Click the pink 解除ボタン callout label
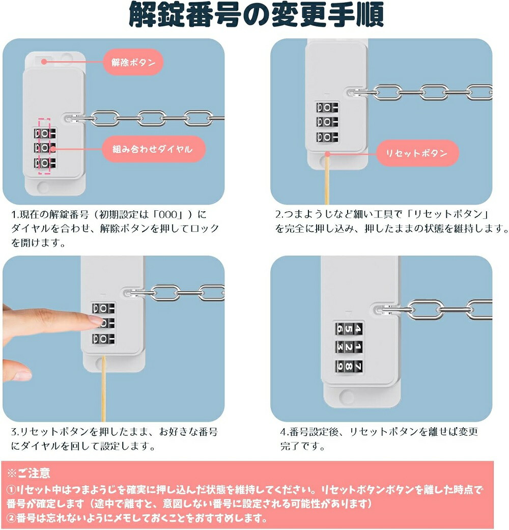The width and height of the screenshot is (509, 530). click(133, 62)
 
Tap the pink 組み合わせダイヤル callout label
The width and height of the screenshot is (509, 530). click(153, 149)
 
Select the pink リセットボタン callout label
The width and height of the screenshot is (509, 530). click(417, 153)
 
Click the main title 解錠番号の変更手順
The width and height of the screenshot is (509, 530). click(256, 15)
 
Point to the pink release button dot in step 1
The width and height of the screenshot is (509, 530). click(44, 62)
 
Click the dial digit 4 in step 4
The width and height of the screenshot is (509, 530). click(358, 328)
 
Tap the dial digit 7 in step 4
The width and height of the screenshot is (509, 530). click(358, 367)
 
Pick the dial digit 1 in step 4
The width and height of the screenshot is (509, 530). click(358, 347)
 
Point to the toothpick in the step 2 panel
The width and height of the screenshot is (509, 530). click(327, 179)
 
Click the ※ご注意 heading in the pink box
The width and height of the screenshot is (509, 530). click(29, 473)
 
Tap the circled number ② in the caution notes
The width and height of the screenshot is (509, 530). click(11, 518)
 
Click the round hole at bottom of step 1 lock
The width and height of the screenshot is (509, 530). click(43, 186)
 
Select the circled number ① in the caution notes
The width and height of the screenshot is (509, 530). click(11, 490)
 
